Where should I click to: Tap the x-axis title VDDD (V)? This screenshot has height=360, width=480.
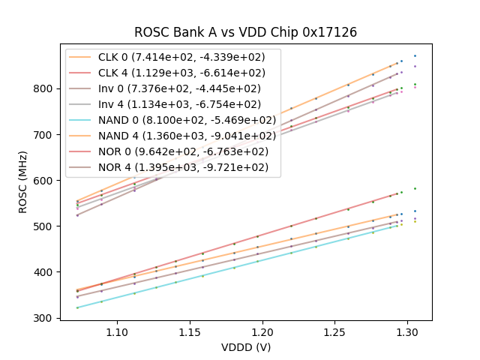pyautogui.click(x=245, y=347)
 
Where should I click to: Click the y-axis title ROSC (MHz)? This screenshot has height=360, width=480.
pyautogui.click(x=23, y=181)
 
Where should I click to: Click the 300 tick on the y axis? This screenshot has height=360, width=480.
pyautogui.click(x=45, y=318)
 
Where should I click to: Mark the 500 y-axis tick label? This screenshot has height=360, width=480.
pyautogui.click(x=45, y=226)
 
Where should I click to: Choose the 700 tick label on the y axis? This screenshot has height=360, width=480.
pyautogui.click(x=45, y=135)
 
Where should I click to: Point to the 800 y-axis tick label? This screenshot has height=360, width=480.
pyautogui.click(x=45, y=88)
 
